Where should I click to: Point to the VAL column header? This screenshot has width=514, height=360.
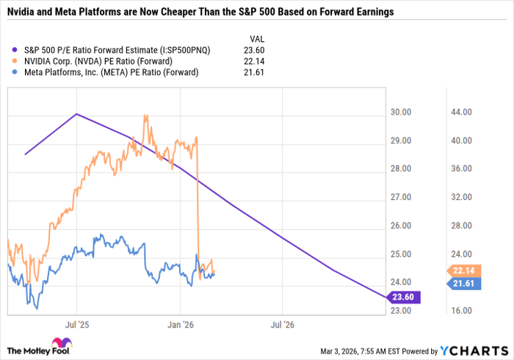(x=254, y=39)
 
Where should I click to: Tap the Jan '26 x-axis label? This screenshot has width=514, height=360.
(x=180, y=323)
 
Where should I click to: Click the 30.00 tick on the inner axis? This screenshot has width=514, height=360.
(x=401, y=112)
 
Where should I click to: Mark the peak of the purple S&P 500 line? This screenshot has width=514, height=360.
(x=76, y=114)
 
